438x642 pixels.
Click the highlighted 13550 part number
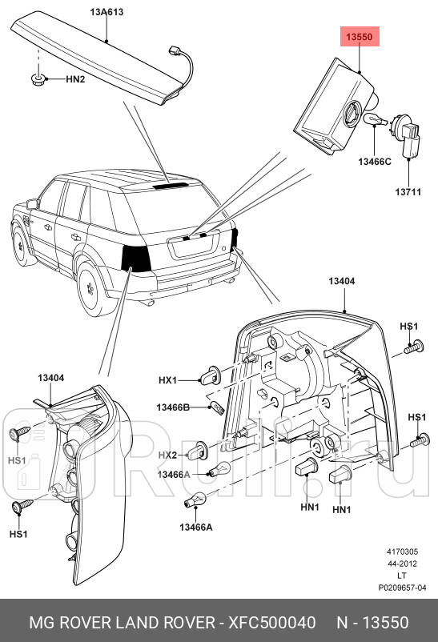coord(359,37)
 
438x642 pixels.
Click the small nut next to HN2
coord(37,78)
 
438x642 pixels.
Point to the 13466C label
coord(374,162)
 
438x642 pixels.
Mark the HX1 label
coord(167,380)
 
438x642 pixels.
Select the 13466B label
coord(172,408)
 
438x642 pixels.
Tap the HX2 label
coord(167,455)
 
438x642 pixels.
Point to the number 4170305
coord(402,552)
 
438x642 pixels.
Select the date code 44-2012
coord(402,563)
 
